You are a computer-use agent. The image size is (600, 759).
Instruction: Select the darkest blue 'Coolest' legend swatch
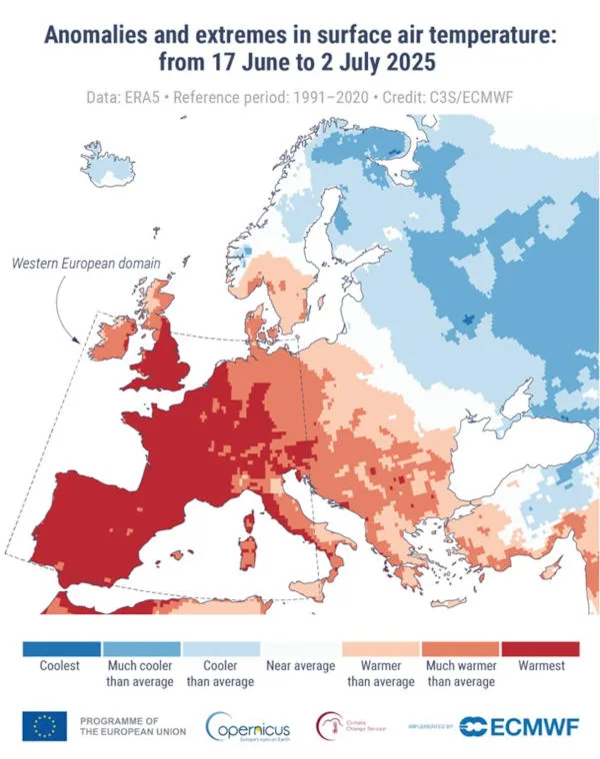click(x=60, y=649)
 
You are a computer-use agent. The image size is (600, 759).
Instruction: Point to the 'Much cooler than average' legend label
click(x=140, y=674)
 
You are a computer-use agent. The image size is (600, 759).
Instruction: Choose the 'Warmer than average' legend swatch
click(x=380, y=649)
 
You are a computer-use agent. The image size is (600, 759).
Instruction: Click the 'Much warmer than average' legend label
click(x=460, y=674)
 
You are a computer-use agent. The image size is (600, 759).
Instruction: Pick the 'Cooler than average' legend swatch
click(x=220, y=649)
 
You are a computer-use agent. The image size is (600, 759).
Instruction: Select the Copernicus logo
click(x=250, y=727)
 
